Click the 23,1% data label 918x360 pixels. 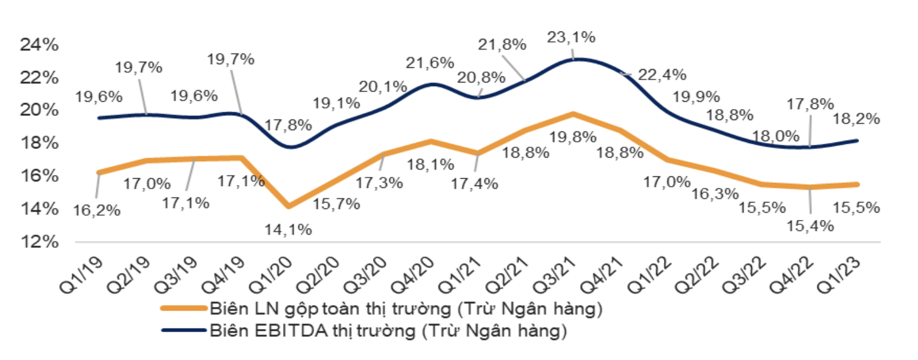click(x=571, y=36)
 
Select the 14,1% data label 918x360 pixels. click(x=287, y=229)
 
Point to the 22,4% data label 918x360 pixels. click(x=662, y=75)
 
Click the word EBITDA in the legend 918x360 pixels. click(x=273, y=331)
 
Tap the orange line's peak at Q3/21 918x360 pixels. click(x=573, y=113)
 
